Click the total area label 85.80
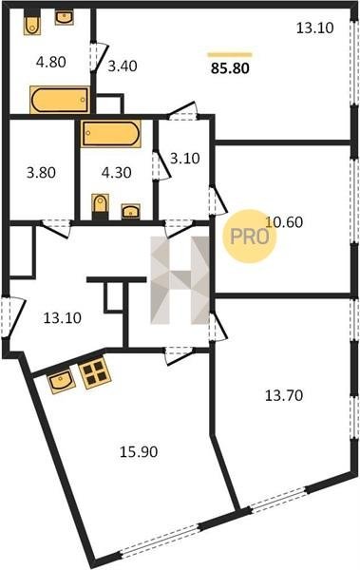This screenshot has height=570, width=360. pyautogui.click(x=230, y=68)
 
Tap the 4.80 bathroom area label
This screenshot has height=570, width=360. pyautogui.click(x=51, y=62)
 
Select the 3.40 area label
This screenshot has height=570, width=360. pyautogui.click(x=123, y=66)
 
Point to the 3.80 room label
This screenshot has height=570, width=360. pyautogui.click(x=41, y=172)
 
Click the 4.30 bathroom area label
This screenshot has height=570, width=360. pyautogui.click(x=117, y=172)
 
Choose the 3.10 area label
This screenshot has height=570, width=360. pyautogui.click(x=185, y=158)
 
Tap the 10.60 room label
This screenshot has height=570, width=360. pyautogui.click(x=284, y=221)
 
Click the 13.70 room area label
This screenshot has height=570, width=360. pyautogui.click(x=284, y=395)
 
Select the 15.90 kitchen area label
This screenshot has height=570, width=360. pyautogui.click(x=139, y=452)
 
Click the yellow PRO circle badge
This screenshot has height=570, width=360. pyautogui.click(x=250, y=237)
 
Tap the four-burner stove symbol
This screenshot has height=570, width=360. pyautogui.click(x=95, y=372)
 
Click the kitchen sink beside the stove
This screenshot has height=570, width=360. pyautogui.click(x=62, y=381)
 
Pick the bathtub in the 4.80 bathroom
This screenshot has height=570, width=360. pyautogui.click(x=60, y=100)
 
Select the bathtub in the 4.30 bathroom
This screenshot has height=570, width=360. pyautogui.click(x=111, y=133)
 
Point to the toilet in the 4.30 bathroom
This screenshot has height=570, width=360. pyautogui.click(x=101, y=206)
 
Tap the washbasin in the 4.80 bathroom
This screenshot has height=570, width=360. pyautogui.click(x=65, y=17)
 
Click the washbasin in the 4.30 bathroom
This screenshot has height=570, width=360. pyautogui.click(x=131, y=211)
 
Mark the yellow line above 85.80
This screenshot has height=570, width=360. pyautogui.click(x=230, y=55)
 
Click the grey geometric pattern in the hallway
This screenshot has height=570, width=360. pyautogui.click(x=180, y=280)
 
